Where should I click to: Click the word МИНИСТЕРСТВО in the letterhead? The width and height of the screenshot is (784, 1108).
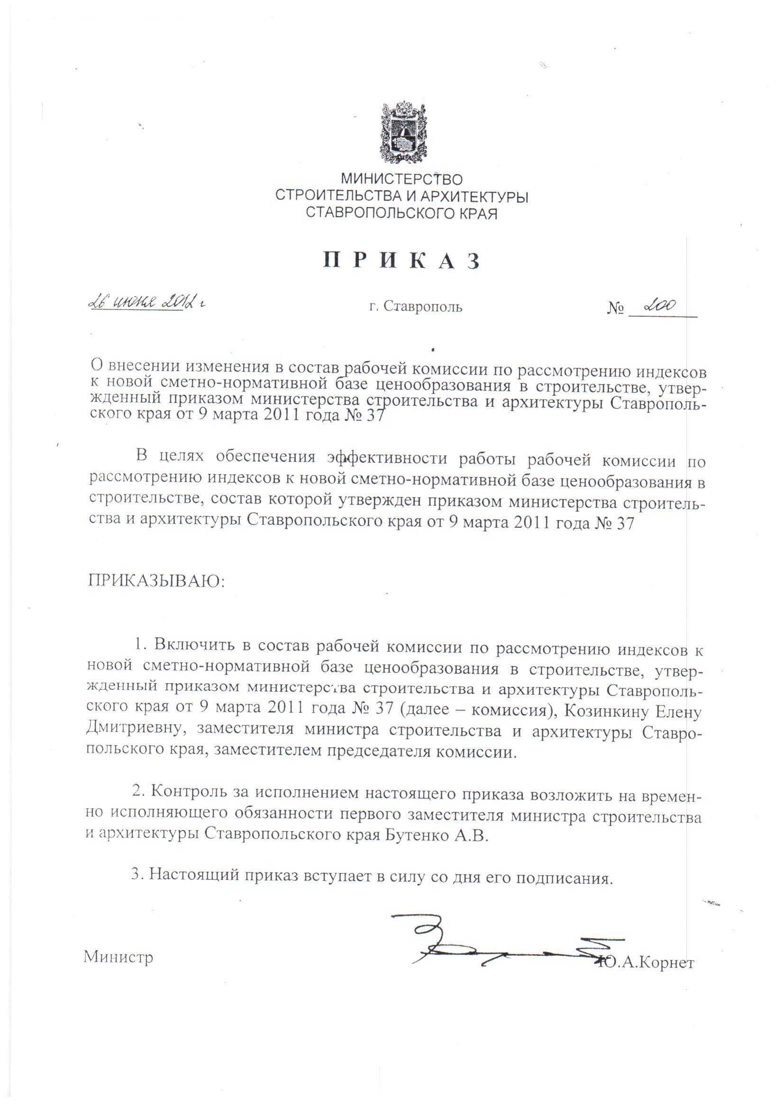point(401,180)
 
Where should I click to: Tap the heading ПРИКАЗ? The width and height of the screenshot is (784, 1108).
point(401,261)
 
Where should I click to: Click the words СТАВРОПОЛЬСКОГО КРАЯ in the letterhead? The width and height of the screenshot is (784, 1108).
point(401,213)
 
